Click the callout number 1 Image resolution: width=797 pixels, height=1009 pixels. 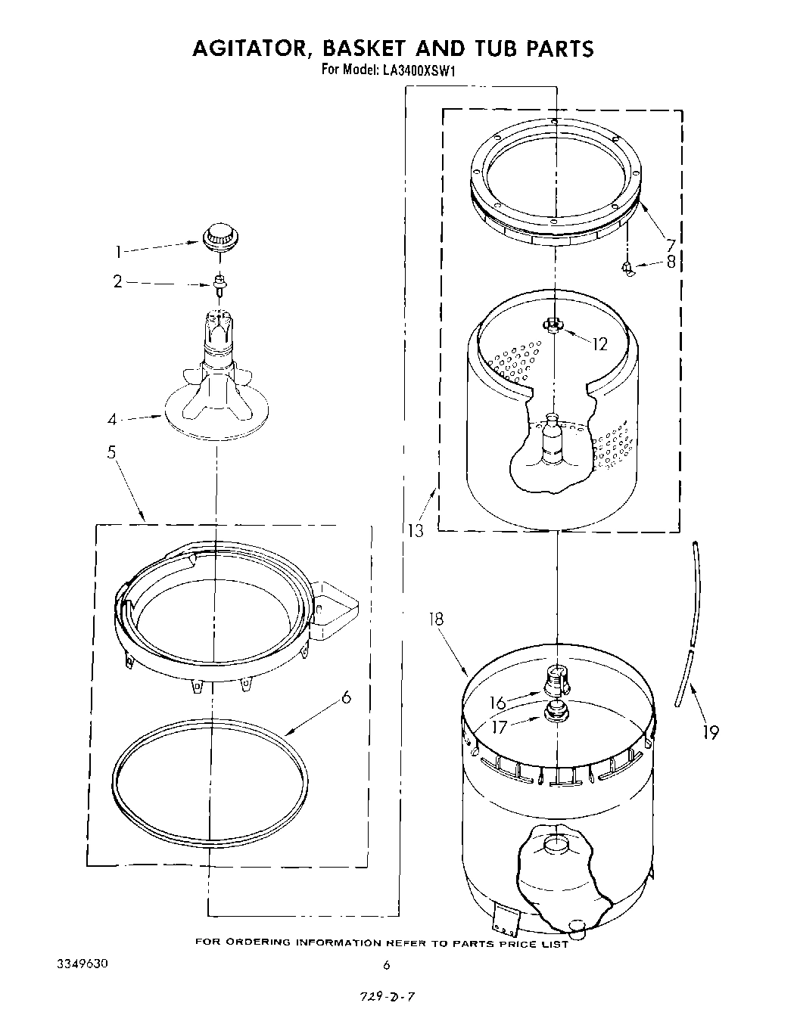pyautogui.click(x=117, y=251)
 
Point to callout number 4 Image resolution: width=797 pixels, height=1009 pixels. pyautogui.click(x=112, y=418)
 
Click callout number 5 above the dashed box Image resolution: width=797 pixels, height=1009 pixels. pyautogui.click(x=111, y=454)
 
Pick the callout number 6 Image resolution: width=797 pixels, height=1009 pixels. pyautogui.click(x=346, y=697)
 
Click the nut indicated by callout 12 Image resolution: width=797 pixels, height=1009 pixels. pyautogui.click(x=553, y=325)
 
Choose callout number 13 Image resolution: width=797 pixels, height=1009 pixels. pyautogui.click(x=414, y=530)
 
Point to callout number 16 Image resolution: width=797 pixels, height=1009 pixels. pyautogui.click(x=497, y=703)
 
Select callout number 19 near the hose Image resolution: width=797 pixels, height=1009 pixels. pyautogui.click(x=710, y=731)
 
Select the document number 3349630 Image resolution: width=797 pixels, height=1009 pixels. pyautogui.click(x=83, y=964)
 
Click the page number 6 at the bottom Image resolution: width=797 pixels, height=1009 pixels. pyautogui.click(x=387, y=964)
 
